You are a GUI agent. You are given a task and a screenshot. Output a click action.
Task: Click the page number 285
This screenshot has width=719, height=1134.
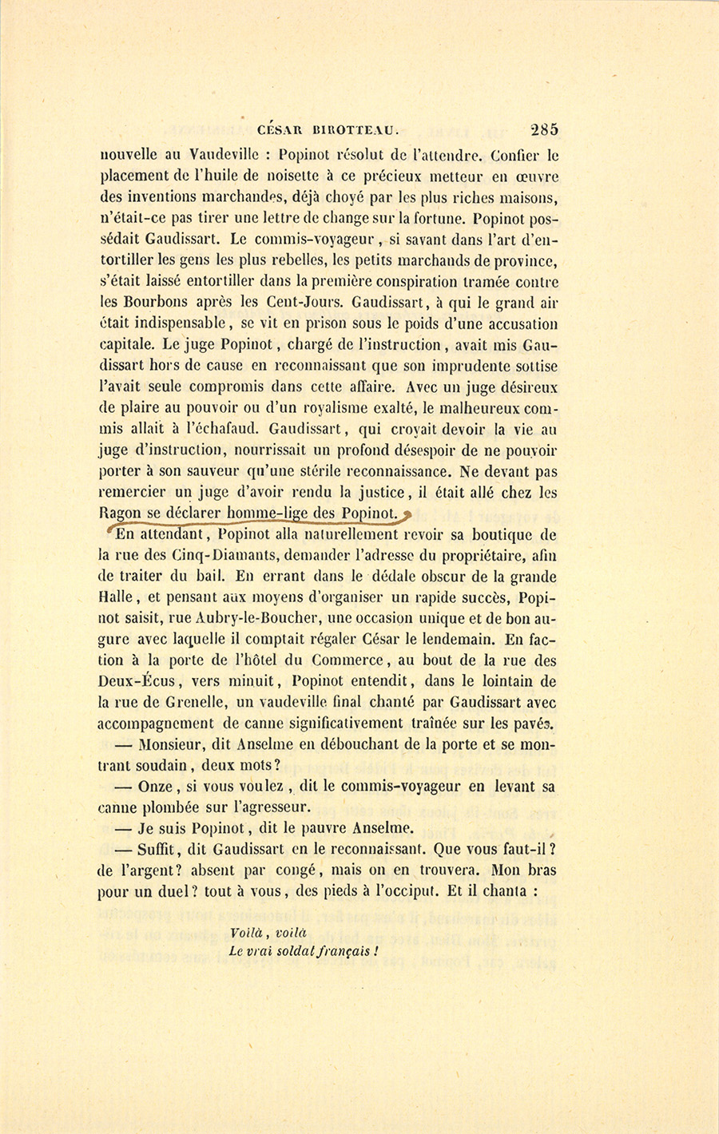tap(543, 129)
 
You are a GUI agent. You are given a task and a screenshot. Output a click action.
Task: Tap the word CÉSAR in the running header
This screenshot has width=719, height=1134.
tap(282, 131)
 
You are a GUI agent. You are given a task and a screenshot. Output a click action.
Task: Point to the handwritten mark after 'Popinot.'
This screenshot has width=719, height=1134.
tap(407, 515)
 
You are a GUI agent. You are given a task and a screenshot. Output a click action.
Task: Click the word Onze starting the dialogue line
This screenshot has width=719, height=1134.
tap(156, 786)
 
